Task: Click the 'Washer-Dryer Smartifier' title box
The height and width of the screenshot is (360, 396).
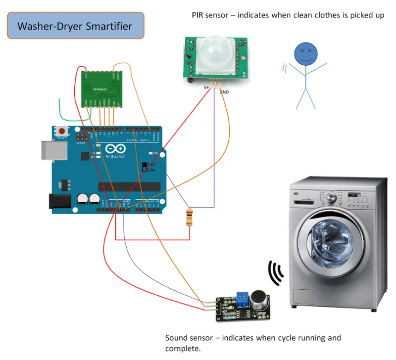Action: click(x=75, y=26)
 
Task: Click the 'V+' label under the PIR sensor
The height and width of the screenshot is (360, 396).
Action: click(x=207, y=87)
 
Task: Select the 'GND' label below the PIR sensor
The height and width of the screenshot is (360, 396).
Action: click(x=224, y=92)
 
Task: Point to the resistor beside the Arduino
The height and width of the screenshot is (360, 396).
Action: click(x=188, y=218)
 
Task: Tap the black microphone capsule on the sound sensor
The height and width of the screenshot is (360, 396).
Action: click(x=258, y=299)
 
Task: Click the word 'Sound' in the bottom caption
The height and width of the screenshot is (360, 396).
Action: click(x=177, y=338)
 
